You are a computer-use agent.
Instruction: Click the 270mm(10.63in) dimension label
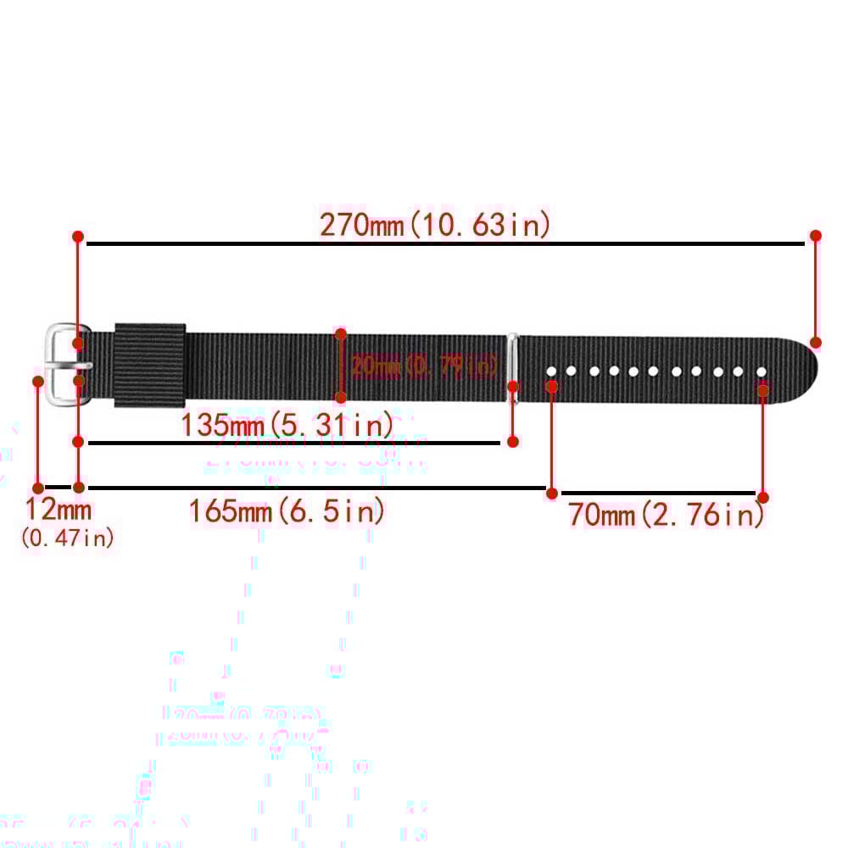coord(435,225)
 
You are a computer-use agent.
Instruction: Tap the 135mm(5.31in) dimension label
coord(286,424)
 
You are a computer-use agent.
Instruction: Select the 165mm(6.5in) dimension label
coord(287,511)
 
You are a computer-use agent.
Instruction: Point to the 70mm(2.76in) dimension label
coord(667,514)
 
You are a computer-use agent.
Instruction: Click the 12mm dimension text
coord(58,510)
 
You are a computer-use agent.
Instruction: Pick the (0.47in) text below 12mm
coord(67,538)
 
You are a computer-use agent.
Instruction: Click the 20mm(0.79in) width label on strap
coord(424,366)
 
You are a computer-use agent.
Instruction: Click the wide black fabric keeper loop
coord(150,365)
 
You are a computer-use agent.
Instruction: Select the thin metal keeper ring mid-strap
coord(512,360)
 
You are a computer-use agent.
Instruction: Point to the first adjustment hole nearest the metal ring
coord(551,371)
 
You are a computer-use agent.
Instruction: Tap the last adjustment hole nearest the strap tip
coord(762,372)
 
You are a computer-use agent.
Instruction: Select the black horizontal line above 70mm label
coord(657,493)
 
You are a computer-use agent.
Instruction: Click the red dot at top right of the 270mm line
coord(816,236)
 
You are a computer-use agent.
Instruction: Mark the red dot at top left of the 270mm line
coord(78,236)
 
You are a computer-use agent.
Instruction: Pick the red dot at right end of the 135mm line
coord(512,441)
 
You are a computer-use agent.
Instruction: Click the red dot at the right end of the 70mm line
coord(763,498)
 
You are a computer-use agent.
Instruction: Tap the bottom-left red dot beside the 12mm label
coord(38,488)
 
